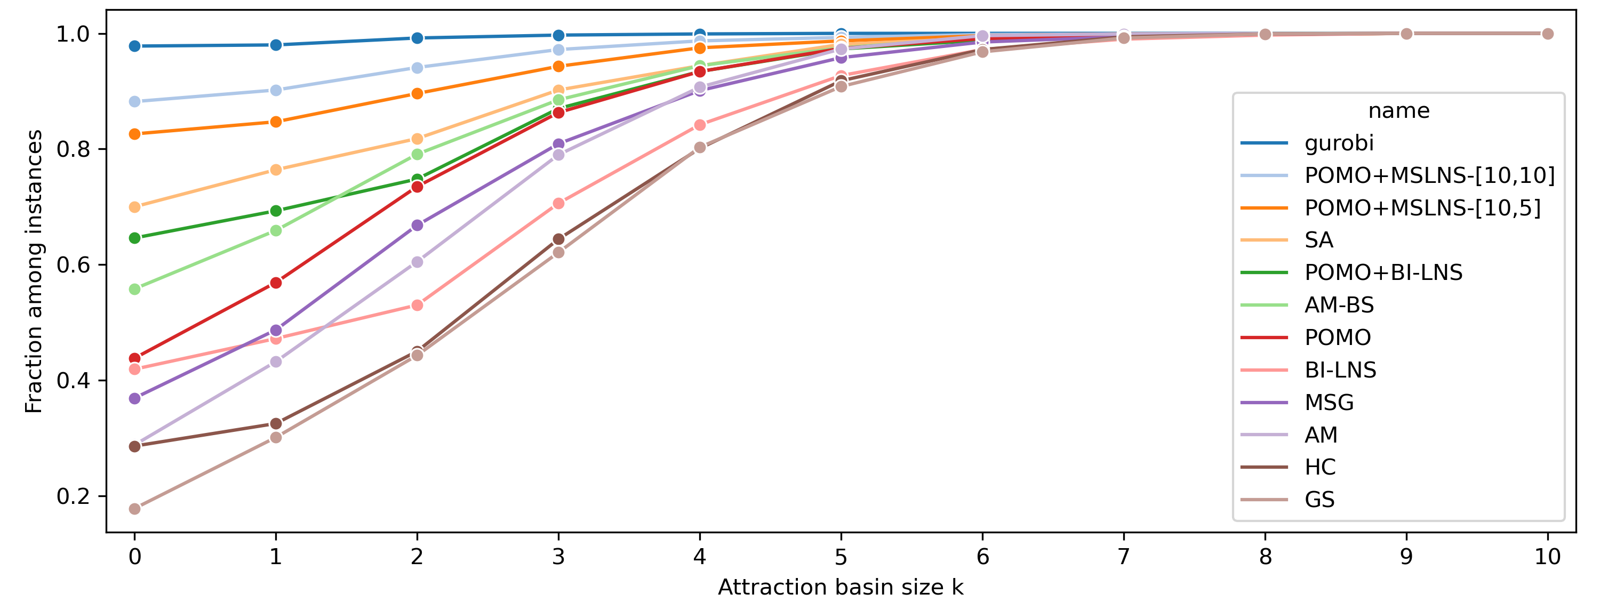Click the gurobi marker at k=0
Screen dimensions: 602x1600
135,46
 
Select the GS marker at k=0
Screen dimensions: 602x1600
135,509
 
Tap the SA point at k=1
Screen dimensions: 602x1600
276,170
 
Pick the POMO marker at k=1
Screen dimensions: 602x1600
276,283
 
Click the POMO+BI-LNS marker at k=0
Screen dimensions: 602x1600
135,238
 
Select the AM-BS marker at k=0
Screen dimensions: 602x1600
135,289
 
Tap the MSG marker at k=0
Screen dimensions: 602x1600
135,398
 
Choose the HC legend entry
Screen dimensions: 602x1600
1320,467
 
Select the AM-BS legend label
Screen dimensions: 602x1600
1339,305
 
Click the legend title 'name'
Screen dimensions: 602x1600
1399,110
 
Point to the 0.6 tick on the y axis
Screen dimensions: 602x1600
73,264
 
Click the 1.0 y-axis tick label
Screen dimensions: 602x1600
73,34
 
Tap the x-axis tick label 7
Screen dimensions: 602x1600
1124,557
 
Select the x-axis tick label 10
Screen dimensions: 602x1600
1547,557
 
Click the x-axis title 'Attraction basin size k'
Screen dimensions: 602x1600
841,587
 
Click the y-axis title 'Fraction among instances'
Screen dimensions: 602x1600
34,271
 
